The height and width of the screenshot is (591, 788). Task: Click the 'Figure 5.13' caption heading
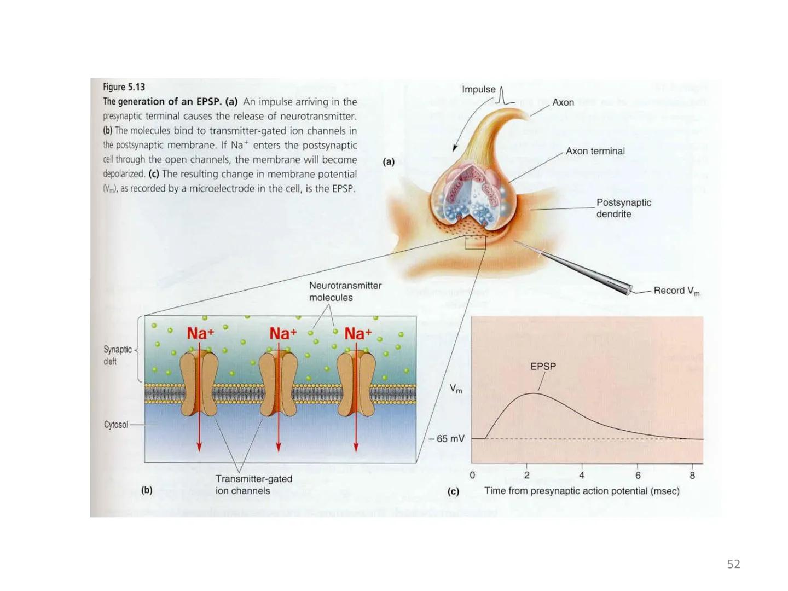point(124,87)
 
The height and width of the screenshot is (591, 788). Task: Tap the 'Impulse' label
point(478,89)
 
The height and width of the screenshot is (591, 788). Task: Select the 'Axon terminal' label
point(595,151)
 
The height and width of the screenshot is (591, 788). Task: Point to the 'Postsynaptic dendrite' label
point(623,208)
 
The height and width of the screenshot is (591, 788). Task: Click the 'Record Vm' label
point(676,291)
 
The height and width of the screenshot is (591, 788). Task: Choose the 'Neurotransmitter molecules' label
point(345,292)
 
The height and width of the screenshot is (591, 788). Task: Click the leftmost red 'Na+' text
point(200,333)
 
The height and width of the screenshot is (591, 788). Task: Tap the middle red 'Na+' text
point(283,333)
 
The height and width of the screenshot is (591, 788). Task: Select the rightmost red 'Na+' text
point(358,333)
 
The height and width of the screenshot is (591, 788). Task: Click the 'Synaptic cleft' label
point(117,355)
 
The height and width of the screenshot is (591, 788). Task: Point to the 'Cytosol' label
point(116,425)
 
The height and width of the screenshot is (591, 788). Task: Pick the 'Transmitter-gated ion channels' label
point(253,485)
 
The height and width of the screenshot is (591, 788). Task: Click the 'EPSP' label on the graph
point(543,367)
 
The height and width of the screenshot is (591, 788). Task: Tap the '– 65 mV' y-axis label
point(447,439)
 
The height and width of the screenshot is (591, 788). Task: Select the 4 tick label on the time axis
point(582,476)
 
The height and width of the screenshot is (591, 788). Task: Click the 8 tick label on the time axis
point(692,476)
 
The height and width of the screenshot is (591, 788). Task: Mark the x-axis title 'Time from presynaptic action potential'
point(581,491)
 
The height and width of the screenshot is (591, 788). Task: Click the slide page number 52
point(733,564)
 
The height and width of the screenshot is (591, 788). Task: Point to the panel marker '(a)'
point(389,161)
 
